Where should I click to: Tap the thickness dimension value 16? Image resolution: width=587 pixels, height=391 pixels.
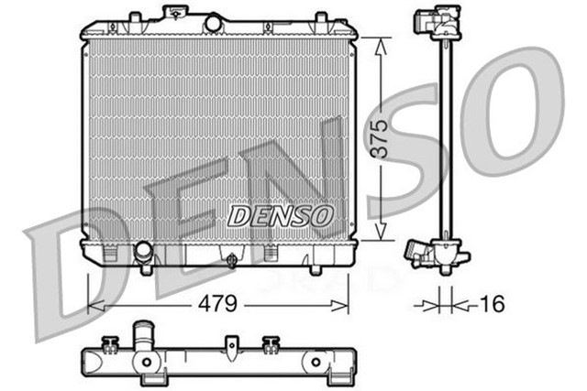(493, 303)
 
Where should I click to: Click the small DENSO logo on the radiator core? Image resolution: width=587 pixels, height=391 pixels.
(280, 216)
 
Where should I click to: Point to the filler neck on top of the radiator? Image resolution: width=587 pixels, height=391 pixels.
(172, 14)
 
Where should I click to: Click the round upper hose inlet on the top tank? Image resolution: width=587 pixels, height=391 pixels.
(213, 22)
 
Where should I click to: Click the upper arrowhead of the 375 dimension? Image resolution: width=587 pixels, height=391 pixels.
(380, 43)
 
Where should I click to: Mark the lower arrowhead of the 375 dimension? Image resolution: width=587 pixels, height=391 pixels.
(380, 235)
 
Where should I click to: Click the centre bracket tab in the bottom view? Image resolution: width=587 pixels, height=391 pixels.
(232, 346)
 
